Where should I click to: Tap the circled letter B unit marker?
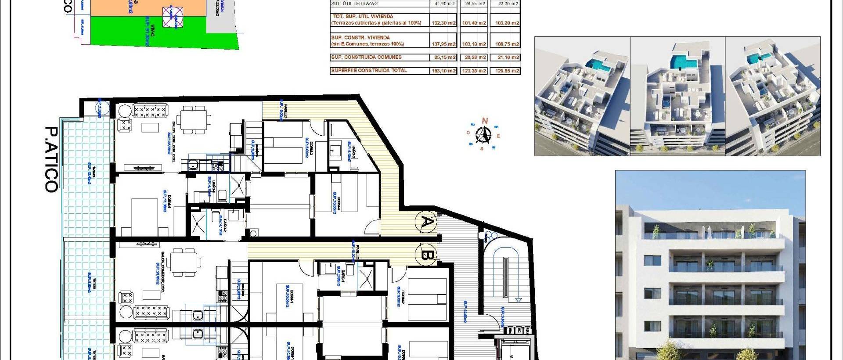tap(427, 255)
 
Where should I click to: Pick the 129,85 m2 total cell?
tap(505, 71)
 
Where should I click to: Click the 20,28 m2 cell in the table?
tap(474, 58)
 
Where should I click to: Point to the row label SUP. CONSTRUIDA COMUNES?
tap(366, 57)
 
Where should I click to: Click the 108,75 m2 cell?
tap(505, 44)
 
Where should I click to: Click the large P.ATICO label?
tap(52, 159)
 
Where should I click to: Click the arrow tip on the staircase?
tap(519, 300)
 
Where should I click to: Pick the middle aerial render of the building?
tap(677, 96)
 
